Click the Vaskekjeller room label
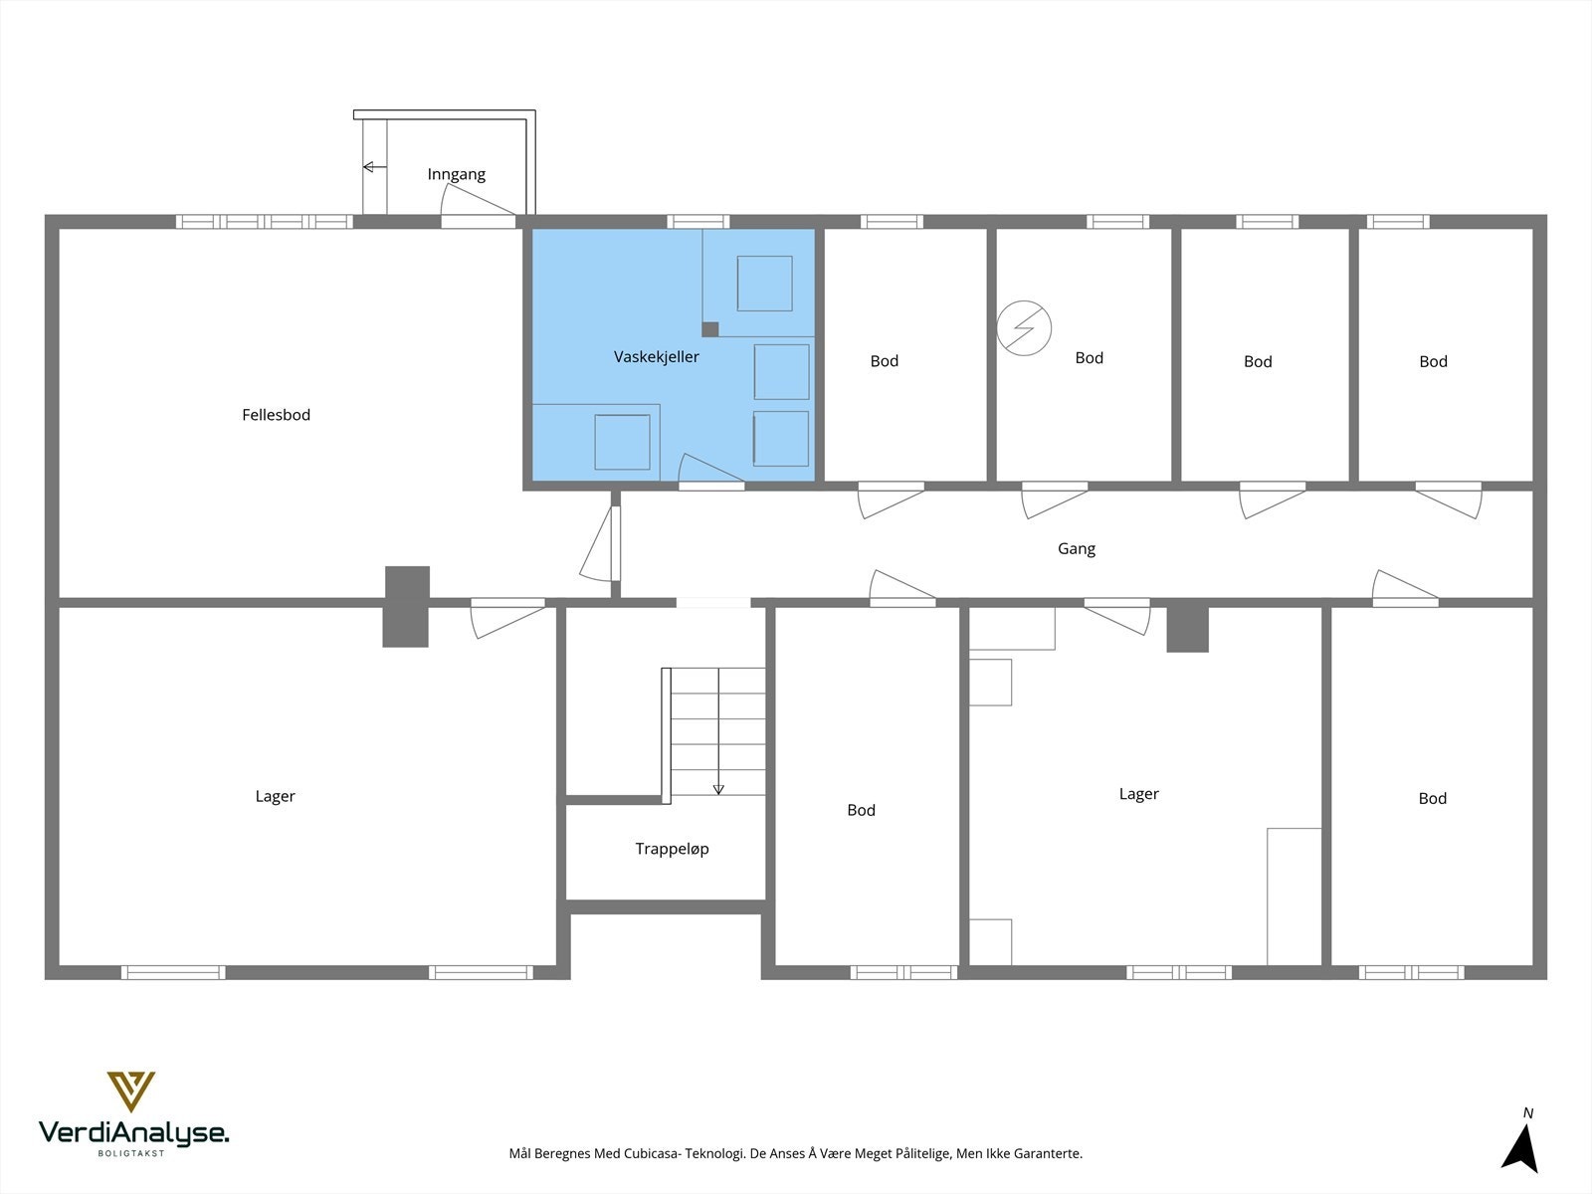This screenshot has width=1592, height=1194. [657, 356]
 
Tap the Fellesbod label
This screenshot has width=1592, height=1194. [277, 415]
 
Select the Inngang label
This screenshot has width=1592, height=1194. [456, 174]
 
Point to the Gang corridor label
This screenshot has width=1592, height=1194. [1077, 549]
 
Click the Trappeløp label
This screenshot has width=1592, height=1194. [673, 849]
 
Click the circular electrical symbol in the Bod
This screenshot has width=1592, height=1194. [1024, 328]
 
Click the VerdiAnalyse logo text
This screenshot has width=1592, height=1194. [133, 1133]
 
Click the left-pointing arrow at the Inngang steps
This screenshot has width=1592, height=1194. [374, 167]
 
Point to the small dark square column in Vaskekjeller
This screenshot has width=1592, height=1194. [710, 330]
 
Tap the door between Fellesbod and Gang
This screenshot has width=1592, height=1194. [601, 543]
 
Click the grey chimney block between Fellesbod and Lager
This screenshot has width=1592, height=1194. [406, 607]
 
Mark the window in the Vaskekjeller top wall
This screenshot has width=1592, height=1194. [697, 222]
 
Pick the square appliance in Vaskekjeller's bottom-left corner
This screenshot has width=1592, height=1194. [622, 442]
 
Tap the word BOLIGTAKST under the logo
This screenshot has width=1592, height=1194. [131, 1153]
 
